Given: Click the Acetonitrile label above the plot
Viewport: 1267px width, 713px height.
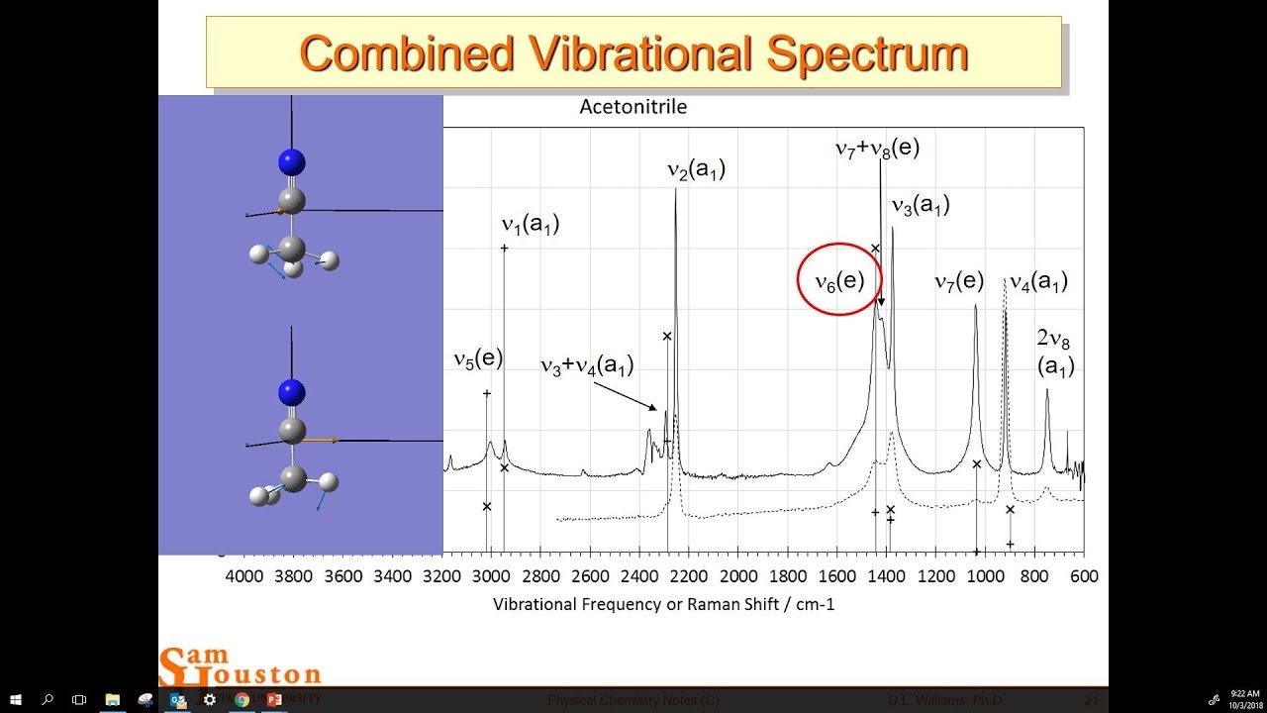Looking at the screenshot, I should (x=633, y=107).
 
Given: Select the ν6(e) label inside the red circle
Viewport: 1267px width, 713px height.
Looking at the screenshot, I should (x=839, y=281).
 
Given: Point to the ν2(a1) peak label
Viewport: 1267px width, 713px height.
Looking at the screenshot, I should (x=696, y=170).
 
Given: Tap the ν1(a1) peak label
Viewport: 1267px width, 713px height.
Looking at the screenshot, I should (x=531, y=225).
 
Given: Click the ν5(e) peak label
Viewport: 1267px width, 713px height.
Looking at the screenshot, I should (x=478, y=359).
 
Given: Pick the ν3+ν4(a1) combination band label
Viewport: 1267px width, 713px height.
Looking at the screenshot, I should (x=586, y=365).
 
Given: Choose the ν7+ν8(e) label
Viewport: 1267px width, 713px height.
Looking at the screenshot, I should (x=877, y=150).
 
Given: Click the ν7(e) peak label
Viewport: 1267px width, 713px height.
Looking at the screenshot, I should (x=959, y=282).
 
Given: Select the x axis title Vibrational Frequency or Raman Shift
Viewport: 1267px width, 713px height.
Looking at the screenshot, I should (x=663, y=603).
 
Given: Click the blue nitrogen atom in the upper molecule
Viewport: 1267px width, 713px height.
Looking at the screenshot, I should (x=291, y=162).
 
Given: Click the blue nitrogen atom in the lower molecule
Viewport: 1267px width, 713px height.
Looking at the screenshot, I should (x=291, y=393).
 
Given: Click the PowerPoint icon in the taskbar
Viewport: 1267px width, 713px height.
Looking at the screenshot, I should (x=274, y=699).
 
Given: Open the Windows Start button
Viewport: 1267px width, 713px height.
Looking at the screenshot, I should (x=15, y=699).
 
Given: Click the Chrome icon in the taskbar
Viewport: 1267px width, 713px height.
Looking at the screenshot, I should (x=242, y=699).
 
